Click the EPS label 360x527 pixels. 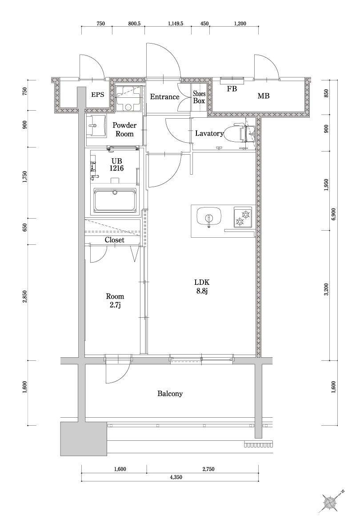coord(98,95)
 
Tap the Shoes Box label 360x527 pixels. coord(199,97)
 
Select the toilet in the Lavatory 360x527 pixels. coord(236,134)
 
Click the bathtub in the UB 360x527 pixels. coord(115,201)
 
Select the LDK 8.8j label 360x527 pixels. coord(201,287)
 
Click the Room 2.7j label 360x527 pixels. coord(115,300)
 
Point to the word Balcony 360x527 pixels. coord(170,394)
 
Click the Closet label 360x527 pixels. coord(114,240)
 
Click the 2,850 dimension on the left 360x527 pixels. coord(25,297)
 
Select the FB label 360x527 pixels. coord(232,88)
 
